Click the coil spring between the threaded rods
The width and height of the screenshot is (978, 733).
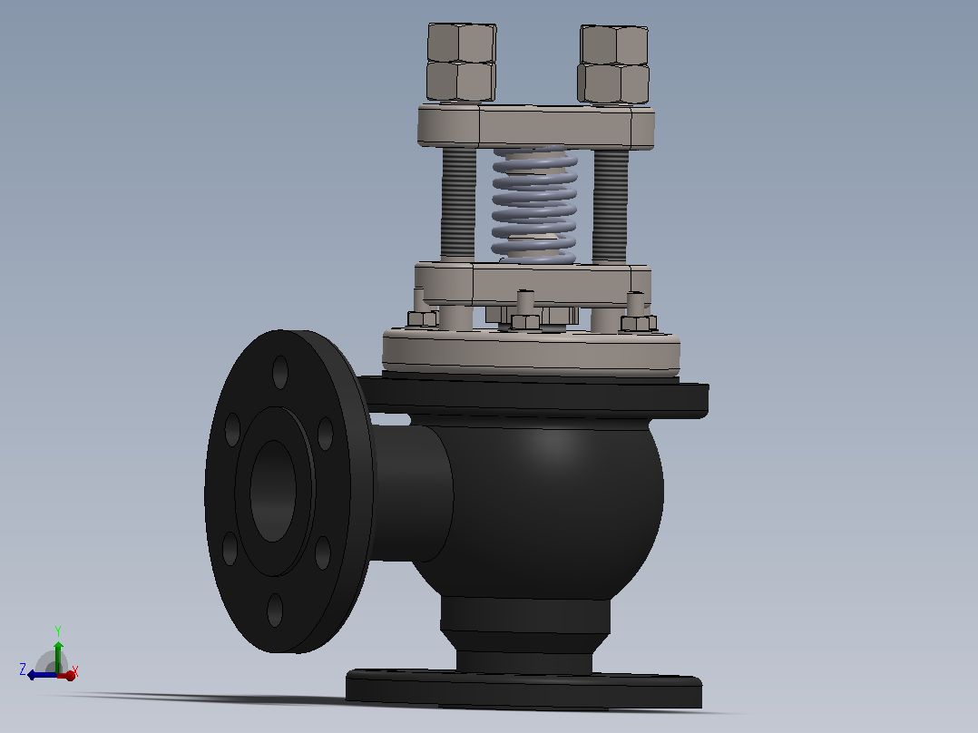(x=534, y=203)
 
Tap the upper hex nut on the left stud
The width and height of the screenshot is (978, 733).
(x=462, y=43)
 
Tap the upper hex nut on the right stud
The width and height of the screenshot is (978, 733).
(x=614, y=44)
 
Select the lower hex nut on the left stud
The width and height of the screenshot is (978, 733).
(x=461, y=81)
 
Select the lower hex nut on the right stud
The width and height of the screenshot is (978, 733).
(x=613, y=83)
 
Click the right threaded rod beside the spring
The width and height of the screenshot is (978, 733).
(x=610, y=205)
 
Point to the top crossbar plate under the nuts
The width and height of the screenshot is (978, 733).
(x=536, y=127)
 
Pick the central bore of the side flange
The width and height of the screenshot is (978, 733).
(x=273, y=491)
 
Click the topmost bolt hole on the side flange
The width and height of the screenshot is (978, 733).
(x=280, y=372)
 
